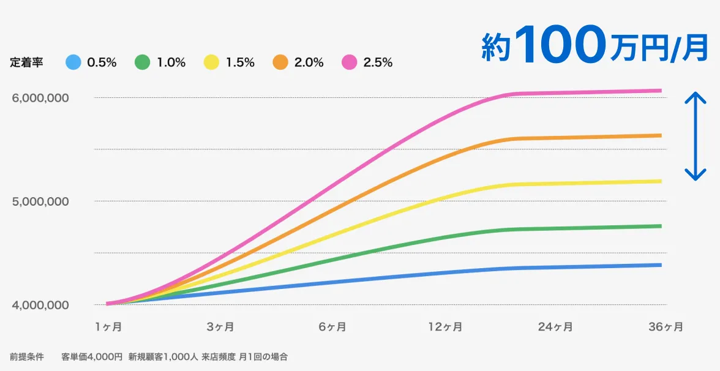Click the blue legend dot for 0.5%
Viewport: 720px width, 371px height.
72,62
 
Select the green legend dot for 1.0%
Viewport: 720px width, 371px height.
142,62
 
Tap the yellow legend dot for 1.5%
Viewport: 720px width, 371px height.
211,62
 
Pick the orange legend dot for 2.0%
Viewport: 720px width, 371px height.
280,62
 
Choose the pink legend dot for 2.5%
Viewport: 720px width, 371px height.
350,62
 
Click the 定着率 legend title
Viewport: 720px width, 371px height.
26,62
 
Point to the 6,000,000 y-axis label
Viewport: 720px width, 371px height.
40,98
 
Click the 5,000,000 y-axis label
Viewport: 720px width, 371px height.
40,201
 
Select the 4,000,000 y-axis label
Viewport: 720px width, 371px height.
40,305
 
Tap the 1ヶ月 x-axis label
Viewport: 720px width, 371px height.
108,327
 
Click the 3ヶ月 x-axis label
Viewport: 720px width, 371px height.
220,327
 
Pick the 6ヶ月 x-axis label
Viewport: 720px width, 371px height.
332,327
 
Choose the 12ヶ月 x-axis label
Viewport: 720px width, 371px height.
445,327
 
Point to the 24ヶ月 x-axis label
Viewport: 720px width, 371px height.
555,327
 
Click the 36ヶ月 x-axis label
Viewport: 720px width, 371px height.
666,327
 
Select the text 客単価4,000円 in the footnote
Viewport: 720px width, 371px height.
92,356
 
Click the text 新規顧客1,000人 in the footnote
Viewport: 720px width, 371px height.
162,356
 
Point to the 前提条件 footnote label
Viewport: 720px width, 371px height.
26,356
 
